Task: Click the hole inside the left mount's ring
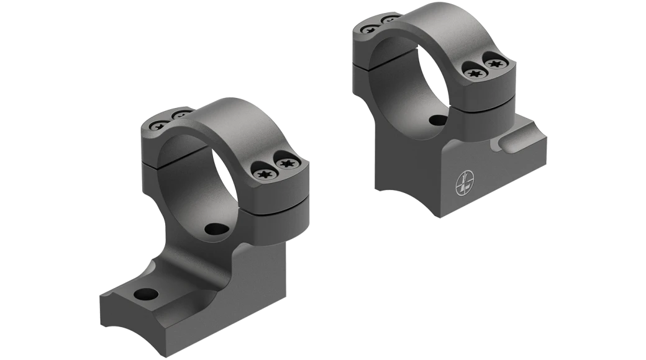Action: click(x=218, y=229)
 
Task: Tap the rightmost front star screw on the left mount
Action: click(x=287, y=164)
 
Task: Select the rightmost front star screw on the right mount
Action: click(x=495, y=63)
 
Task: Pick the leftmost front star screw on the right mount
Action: click(x=473, y=73)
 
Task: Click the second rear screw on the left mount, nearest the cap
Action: click(x=182, y=115)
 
